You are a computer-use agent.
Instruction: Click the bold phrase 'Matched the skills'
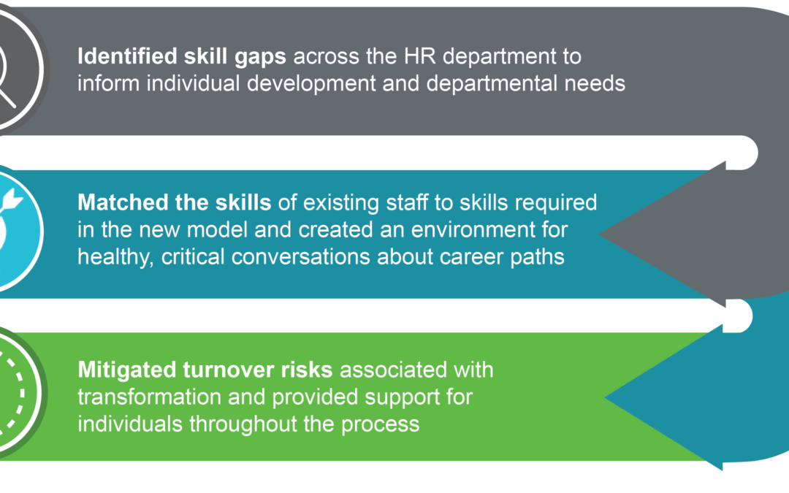click(x=174, y=203)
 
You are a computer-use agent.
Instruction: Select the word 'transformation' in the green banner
click(x=149, y=397)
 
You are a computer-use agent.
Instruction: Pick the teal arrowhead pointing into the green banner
click(x=664, y=397)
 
